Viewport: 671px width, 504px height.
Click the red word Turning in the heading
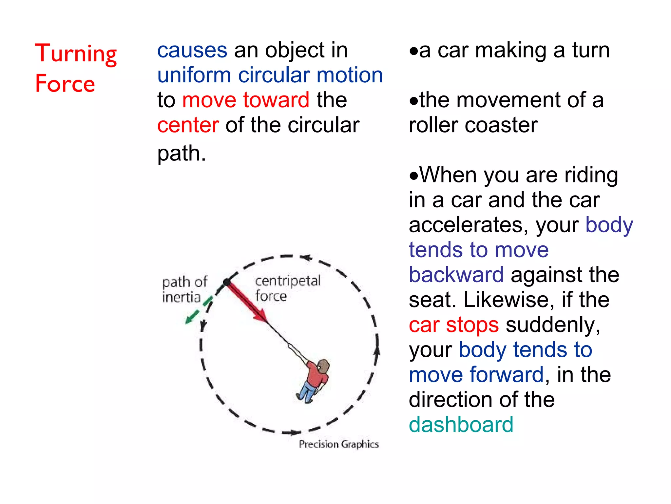tap(76, 54)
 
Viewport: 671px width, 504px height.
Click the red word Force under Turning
tap(65, 84)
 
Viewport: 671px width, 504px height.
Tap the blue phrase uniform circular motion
tap(270, 75)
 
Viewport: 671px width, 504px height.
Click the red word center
tap(188, 125)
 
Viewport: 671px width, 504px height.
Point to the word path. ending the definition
tap(182, 154)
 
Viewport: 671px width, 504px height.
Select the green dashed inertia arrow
tap(199, 310)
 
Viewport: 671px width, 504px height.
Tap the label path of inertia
tap(184, 289)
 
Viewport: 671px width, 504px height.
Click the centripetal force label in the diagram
tap(287, 288)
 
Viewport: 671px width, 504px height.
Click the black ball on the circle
tap(227, 282)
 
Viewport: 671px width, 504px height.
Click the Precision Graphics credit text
tap(338, 444)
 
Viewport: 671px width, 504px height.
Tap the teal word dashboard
tap(461, 425)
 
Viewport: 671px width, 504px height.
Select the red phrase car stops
tap(454, 325)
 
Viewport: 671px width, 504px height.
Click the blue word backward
tap(456, 275)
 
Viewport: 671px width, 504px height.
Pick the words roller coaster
tap(473, 125)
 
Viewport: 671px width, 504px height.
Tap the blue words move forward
tap(476, 375)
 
